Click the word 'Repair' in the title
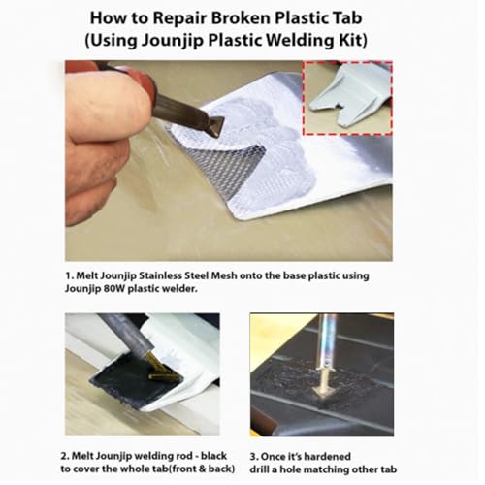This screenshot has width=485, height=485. coord(180,18)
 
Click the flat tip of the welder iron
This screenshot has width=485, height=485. coord(213,128)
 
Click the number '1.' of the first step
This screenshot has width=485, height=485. coord(70,275)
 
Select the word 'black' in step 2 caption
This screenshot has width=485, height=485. coord(213,456)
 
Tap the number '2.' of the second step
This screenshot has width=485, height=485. coord(65,456)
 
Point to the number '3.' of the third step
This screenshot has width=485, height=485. coord(254,457)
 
